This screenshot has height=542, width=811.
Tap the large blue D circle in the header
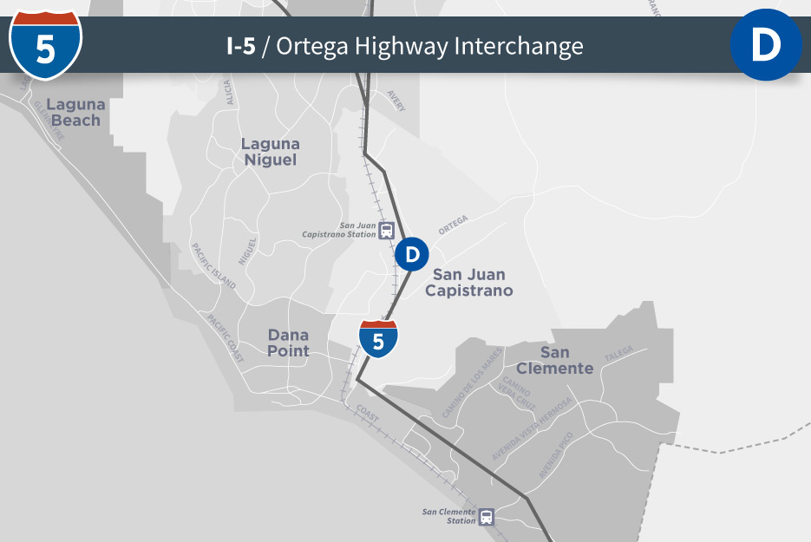tap(766, 45)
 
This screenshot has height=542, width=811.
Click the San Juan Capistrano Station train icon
tap(387, 231)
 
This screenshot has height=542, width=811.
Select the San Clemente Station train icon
tap(487, 517)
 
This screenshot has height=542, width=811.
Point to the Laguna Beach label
tap(76, 113)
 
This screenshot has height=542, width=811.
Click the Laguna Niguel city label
tap(270, 152)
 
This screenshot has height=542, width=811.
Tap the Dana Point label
tap(288, 343)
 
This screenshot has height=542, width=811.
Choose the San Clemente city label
tap(555, 360)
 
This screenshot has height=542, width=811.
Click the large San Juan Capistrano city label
tap(468, 283)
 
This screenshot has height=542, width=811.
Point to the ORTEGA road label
tap(453, 225)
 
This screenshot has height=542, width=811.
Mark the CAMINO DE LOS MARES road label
tap(472, 388)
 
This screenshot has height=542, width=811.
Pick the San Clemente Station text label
tap(449, 516)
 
